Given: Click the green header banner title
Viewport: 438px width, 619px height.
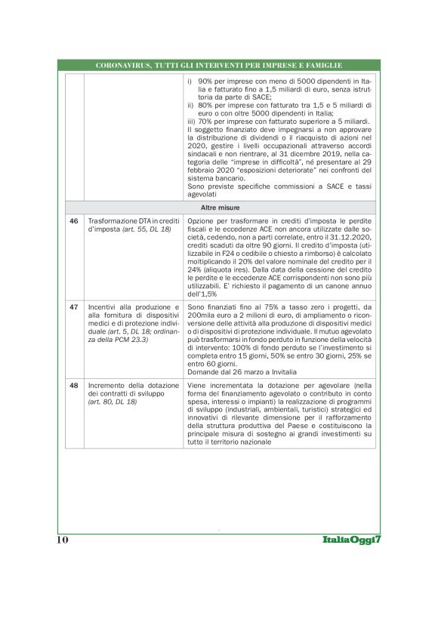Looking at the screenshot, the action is [x=219, y=66].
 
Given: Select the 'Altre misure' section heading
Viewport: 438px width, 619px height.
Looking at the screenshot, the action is [x=219, y=206].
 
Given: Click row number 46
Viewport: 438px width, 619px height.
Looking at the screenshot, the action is [x=74, y=220].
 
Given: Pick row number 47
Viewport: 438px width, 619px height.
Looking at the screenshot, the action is [x=74, y=307].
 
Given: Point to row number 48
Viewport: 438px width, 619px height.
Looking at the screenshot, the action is [x=74, y=385].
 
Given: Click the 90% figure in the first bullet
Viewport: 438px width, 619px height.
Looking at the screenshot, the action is [x=206, y=80].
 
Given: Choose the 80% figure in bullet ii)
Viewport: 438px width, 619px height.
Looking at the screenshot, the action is [x=206, y=105].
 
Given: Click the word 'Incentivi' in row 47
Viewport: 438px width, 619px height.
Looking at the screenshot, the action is [x=103, y=307].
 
